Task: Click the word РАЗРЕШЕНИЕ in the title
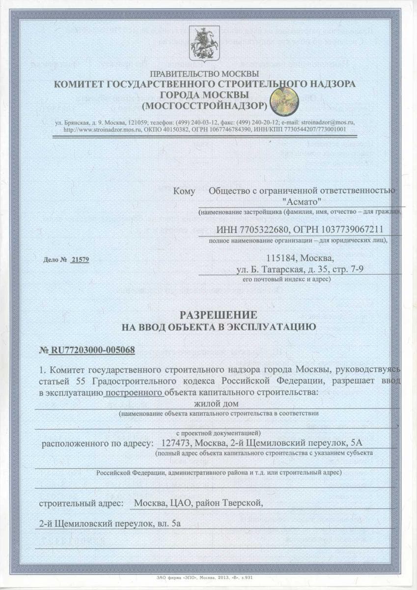point(208,314)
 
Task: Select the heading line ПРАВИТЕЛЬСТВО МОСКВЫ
point(205,74)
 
